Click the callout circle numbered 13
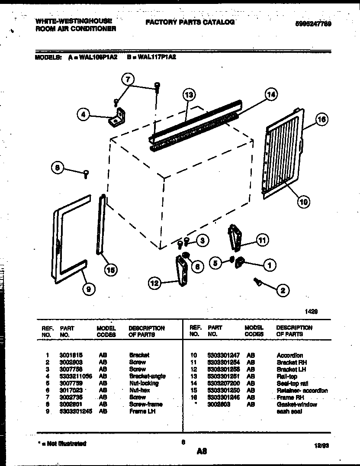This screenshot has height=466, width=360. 189,94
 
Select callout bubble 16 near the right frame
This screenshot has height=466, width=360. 321,119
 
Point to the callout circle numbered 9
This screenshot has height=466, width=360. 88,289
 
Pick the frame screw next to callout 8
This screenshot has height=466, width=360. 86,174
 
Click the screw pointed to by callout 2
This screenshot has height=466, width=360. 257,282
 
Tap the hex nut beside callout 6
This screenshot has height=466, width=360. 186,255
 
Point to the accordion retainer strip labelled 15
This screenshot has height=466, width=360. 101,225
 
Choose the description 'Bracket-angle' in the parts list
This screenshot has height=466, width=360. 147,376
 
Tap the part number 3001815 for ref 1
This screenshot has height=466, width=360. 68,355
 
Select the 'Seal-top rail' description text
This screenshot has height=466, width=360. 292,383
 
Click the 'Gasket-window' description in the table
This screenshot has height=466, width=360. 297,404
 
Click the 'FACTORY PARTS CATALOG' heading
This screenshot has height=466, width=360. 190,22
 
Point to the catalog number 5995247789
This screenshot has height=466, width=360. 310,24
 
